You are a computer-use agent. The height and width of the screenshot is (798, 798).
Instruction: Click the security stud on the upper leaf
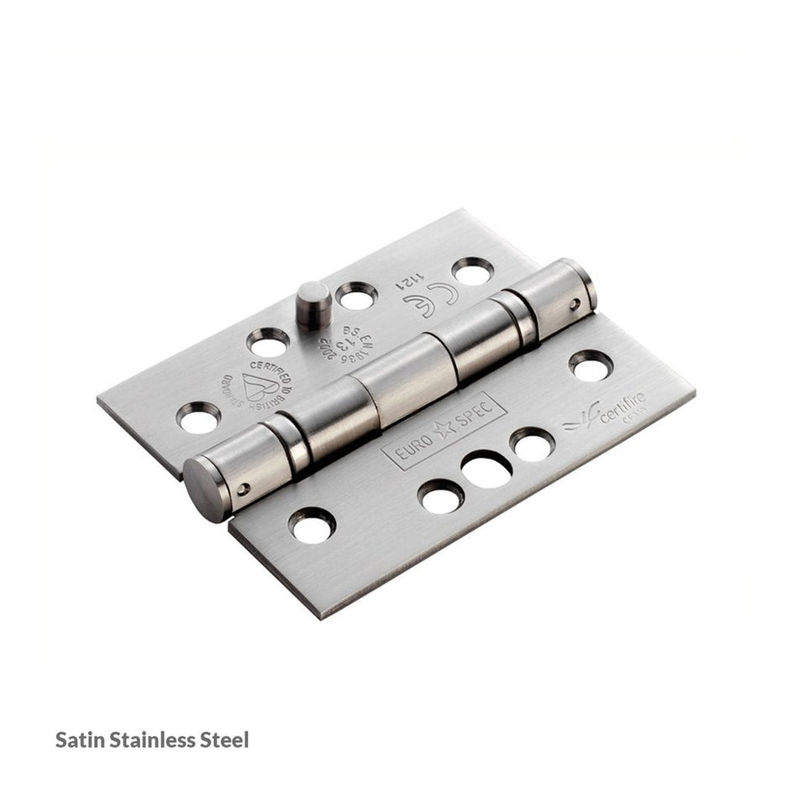click(312, 304)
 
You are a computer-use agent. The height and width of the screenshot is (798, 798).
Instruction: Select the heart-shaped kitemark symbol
click(260, 386)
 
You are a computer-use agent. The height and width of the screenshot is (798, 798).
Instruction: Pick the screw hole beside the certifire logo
click(591, 365)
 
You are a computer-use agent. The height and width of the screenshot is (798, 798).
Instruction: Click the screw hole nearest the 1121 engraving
click(471, 271)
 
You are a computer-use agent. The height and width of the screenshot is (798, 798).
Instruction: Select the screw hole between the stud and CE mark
click(356, 296)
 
